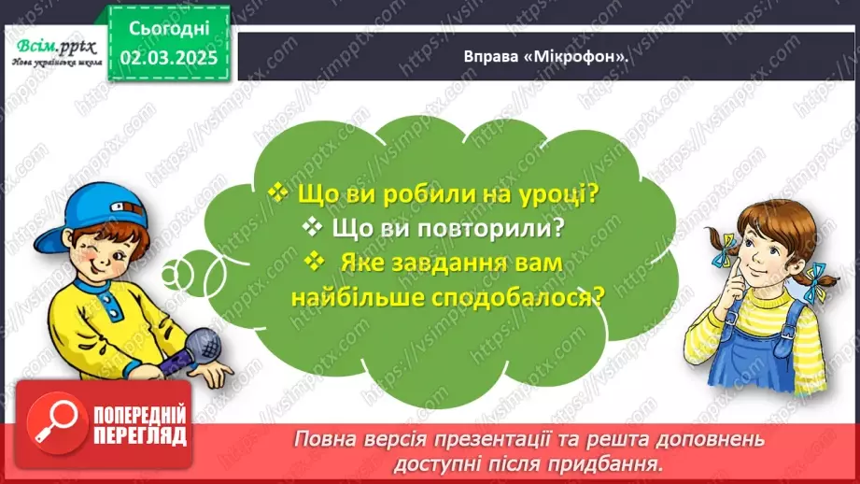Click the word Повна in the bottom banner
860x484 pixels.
coord(322,438)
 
